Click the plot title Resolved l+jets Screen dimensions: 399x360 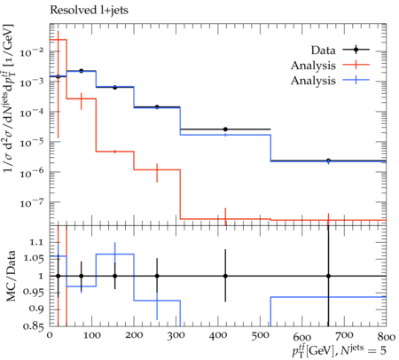[89, 11]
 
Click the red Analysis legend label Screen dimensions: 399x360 [313, 66]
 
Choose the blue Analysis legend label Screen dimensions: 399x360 [313, 81]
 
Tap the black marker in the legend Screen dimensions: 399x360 [356, 50]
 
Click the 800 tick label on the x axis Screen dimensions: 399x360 [387, 337]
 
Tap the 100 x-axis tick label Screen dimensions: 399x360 [91, 335]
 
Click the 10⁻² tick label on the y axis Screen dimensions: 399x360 [32, 52]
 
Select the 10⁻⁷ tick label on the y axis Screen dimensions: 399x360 [32, 203]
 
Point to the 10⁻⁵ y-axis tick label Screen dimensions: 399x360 [32, 143]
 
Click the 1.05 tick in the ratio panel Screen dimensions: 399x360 [34, 259]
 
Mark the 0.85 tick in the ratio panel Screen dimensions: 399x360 [34, 326]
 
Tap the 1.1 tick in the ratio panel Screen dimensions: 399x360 [36, 242]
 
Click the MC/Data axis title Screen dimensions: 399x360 [11, 276]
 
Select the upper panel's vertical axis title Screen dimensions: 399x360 [9, 98]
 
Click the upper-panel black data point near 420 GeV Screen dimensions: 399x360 [225, 129]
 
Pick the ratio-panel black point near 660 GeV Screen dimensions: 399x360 [328, 276]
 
